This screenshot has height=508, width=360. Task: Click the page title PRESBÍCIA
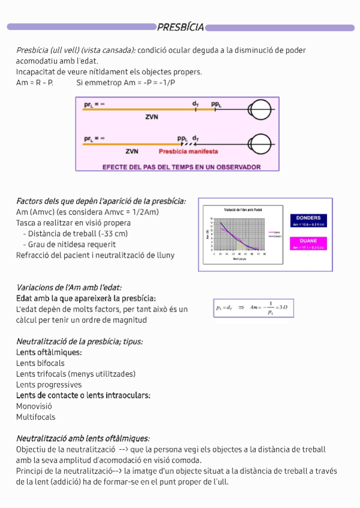click(x=180, y=26)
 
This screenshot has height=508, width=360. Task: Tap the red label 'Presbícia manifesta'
click(x=188, y=152)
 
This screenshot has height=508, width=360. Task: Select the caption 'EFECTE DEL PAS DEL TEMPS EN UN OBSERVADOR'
click(x=181, y=167)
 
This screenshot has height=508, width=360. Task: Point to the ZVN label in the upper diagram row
click(x=152, y=117)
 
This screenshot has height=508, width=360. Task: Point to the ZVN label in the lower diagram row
click(x=132, y=152)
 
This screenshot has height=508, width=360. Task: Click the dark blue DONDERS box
click(x=308, y=220)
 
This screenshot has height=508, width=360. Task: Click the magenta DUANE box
click(x=308, y=243)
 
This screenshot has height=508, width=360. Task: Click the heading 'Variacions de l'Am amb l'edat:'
click(x=69, y=288)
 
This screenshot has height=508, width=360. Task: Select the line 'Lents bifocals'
click(x=40, y=363)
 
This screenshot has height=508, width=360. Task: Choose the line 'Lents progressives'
click(x=49, y=385)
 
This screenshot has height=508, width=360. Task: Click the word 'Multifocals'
click(x=36, y=417)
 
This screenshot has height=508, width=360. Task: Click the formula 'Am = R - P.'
click(x=34, y=83)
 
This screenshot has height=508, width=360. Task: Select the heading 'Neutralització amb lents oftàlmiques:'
click(x=83, y=439)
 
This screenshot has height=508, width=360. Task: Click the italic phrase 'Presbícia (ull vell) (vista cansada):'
click(x=75, y=50)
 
